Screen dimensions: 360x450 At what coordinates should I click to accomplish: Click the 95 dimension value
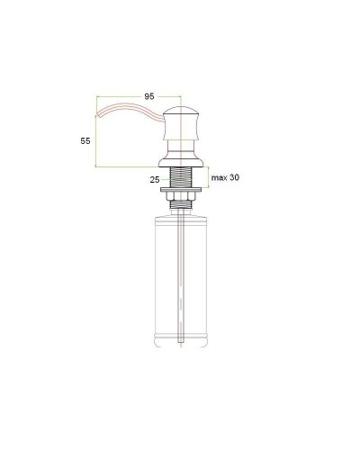[149, 96]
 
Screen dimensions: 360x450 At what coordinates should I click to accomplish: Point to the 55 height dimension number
[85, 140]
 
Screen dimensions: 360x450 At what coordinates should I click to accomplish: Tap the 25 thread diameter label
[155, 180]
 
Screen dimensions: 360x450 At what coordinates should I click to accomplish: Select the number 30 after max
[235, 177]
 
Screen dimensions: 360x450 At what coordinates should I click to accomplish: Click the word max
[220, 177]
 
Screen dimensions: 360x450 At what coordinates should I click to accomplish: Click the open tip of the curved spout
[96, 115]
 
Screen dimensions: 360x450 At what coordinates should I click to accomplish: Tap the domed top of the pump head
[181, 110]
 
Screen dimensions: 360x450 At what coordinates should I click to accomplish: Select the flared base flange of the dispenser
[181, 162]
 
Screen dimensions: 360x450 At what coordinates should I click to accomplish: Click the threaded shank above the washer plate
[181, 177]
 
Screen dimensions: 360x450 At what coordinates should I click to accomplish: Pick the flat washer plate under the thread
[181, 190]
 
